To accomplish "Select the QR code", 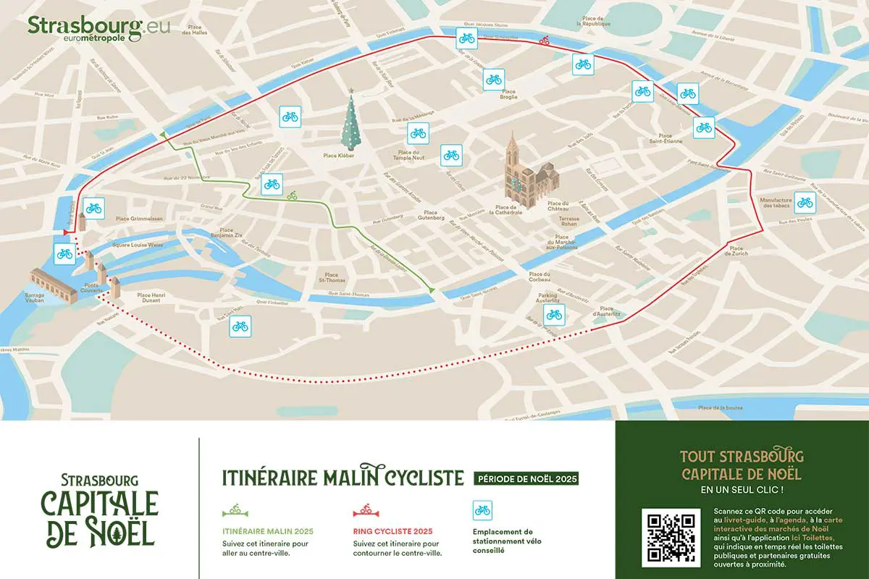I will [671, 537].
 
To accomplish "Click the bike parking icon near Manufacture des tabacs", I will [805, 202].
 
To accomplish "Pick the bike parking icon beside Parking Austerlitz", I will [554, 314].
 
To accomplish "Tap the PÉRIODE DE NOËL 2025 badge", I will [526, 479].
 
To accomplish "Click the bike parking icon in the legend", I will [482, 510].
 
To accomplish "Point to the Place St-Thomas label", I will [332, 278].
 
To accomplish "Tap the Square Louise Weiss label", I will [138, 245].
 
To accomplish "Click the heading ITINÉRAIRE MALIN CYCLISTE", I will [342, 478].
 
